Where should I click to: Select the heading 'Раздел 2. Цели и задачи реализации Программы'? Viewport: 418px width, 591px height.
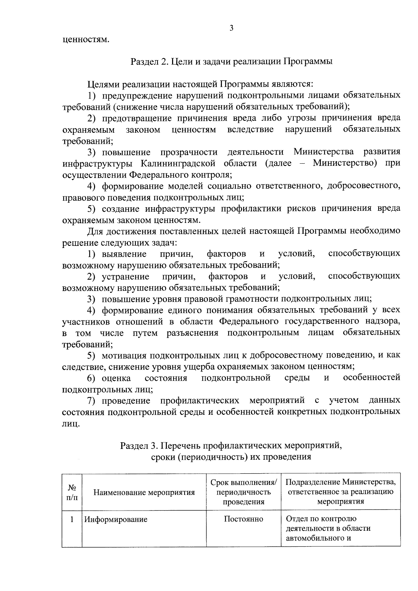[x=231, y=62]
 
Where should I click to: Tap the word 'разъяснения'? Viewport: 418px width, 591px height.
[x=193, y=333]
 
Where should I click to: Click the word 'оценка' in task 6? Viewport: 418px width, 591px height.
[x=116, y=378]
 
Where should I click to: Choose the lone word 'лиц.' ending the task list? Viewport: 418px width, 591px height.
[x=71, y=424]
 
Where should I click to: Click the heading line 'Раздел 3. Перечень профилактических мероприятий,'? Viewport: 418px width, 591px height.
[x=231, y=446]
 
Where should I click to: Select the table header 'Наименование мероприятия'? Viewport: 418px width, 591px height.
[x=144, y=492]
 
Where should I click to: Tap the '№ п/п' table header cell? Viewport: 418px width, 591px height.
[x=72, y=492]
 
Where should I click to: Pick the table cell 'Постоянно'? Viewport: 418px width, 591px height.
[x=243, y=519]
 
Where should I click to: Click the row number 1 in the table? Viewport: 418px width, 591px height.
[x=72, y=519]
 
